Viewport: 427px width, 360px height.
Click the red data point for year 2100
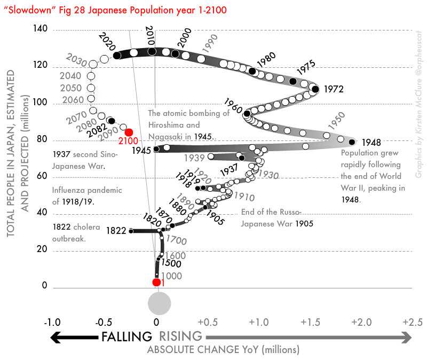click(x=129, y=132)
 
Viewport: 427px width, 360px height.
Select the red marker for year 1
click(x=156, y=282)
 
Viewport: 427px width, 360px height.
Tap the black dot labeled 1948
click(x=352, y=142)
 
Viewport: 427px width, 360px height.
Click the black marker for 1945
click(x=156, y=149)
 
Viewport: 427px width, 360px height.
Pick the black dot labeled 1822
click(x=131, y=231)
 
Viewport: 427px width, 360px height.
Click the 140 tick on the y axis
click(x=41, y=30)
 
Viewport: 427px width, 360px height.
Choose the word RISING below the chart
click(x=181, y=336)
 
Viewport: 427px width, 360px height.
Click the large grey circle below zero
click(x=159, y=303)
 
